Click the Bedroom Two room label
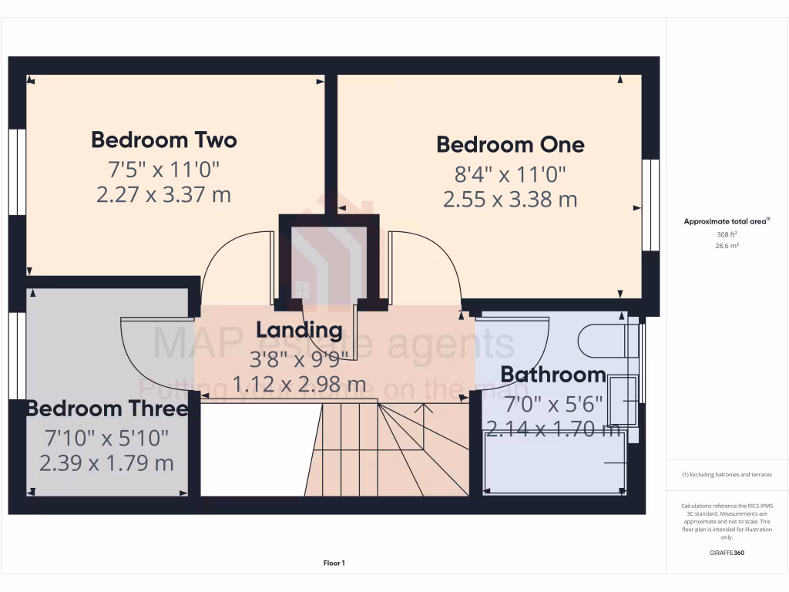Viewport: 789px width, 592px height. (163, 140)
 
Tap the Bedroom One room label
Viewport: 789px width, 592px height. (510, 145)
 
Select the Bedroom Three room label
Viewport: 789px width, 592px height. (107, 409)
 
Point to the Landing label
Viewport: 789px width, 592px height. (299, 331)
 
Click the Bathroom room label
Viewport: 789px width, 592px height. (552, 375)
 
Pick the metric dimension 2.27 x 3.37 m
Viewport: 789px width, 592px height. (163, 195)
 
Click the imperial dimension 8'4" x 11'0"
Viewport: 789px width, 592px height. (510, 173)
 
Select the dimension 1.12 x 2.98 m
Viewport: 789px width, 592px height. (300, 383)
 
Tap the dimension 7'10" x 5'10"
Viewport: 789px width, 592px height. (107, 438)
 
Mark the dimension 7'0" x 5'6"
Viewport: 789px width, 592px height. (552, 403)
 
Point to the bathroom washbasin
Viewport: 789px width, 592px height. (623, 400)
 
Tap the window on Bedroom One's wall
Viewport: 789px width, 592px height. (651, 206)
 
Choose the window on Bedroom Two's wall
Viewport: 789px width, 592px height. (17, 171)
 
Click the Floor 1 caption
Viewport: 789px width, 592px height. (333, 563)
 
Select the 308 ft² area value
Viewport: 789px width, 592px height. (727, 234)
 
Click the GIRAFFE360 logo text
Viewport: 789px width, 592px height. (727, 553)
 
